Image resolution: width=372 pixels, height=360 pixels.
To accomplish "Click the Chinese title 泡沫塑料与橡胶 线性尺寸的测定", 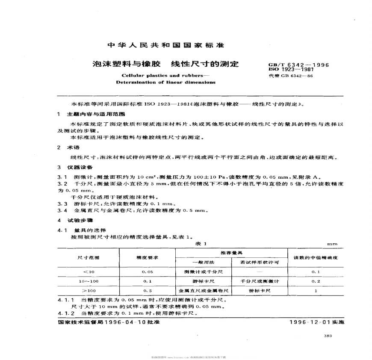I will (x=165, y=65).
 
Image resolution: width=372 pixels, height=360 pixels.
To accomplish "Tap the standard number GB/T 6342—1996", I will (x=298, y=65).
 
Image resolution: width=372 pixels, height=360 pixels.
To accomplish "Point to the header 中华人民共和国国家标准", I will (x=165, y=45).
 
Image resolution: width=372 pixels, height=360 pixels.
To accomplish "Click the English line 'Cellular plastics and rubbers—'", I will (x=149, y=75).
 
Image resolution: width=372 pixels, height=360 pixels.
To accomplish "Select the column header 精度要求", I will (x=147, y=258).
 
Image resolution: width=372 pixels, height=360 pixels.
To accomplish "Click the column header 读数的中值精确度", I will (x=316, y=258).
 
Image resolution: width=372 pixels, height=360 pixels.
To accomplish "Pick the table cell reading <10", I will (x=87, y=271).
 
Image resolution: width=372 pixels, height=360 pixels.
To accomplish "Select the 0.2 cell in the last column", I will (x=316, y=281).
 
